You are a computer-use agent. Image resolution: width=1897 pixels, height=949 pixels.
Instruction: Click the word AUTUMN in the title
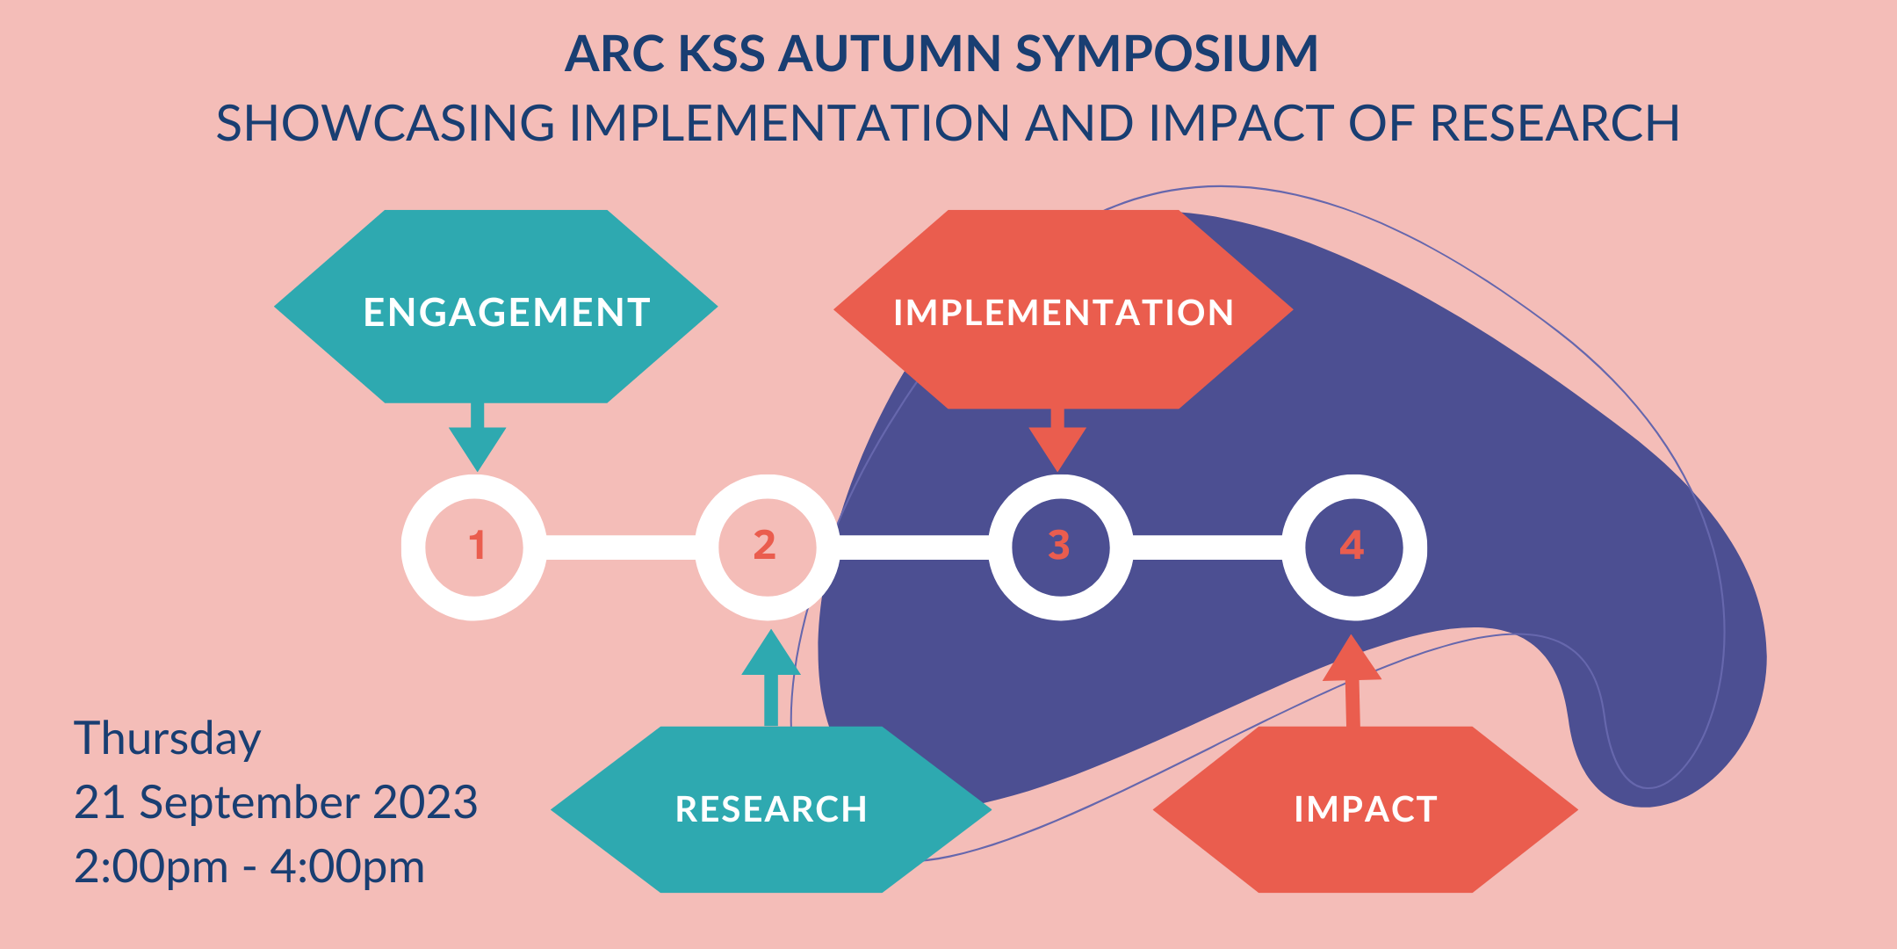point(889,54)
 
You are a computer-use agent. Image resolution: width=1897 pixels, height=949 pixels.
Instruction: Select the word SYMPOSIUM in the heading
point(1167,54)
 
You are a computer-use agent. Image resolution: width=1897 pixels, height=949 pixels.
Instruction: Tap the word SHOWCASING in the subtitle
point(386,123)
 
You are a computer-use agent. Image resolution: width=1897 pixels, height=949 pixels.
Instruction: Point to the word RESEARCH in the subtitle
point(1554,123)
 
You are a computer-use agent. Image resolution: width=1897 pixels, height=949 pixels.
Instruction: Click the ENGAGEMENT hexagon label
point(506,313)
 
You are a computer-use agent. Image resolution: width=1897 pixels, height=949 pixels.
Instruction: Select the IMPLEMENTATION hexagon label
point(1063,313)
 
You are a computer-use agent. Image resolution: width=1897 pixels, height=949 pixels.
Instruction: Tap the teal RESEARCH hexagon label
point(771,809)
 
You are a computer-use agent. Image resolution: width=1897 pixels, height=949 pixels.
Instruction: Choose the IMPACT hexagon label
point(1365,809)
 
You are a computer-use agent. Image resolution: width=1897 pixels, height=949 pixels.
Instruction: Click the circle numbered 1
point(475,547)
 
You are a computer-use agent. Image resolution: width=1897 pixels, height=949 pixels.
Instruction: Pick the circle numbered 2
point(767,547)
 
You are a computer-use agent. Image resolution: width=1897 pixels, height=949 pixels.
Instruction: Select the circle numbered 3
point(1060,547)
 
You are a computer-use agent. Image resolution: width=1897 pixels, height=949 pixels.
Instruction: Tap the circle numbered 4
point(1353,547)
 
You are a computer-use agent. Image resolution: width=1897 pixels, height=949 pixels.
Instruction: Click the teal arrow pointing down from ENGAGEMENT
point(477,439)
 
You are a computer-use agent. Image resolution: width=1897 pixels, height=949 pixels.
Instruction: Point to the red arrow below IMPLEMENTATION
point(1057,439)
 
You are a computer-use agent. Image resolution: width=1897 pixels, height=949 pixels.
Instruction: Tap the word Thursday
point(167,739)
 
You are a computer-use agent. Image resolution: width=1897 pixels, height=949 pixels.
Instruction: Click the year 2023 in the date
point(425,802)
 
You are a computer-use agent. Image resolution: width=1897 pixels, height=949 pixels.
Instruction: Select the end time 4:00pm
point(347,867)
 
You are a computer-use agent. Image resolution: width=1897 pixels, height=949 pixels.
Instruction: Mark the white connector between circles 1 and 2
point(621,547)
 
